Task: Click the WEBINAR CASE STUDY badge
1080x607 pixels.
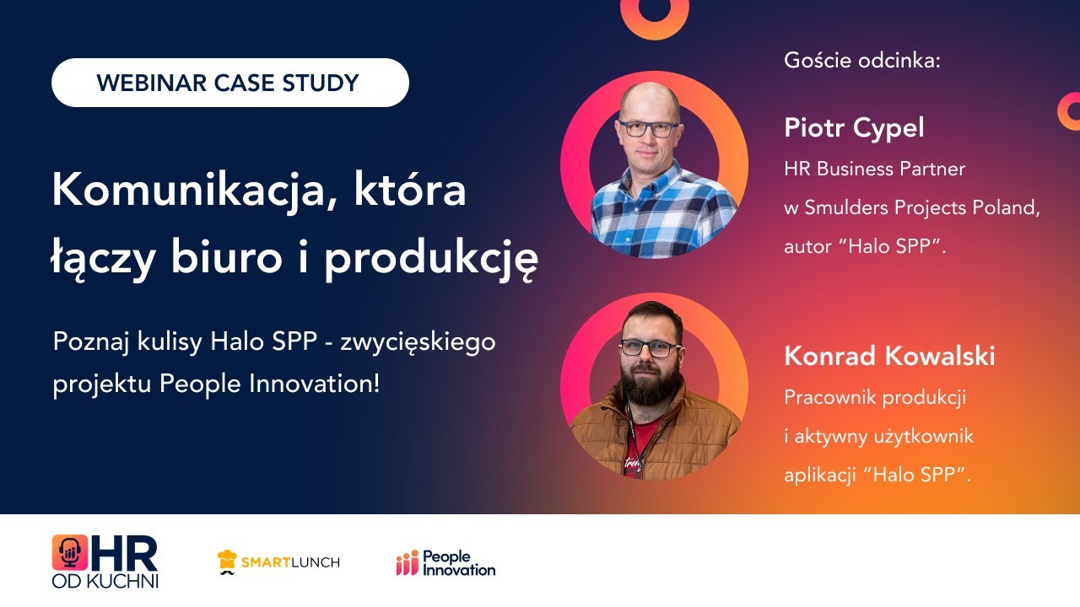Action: click(229, 83)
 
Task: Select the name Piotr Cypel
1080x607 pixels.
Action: click(854, 128)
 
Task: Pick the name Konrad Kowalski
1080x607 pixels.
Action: click(889, 356)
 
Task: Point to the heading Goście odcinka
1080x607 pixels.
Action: click(861, 61)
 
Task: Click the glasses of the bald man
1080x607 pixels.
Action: click(648, 129)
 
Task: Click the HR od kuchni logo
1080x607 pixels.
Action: click(105, 561)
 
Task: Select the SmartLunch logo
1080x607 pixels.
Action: click(278, 562)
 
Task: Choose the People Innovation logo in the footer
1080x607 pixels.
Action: click(445, 562)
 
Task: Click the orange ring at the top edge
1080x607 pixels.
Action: click(654, 13)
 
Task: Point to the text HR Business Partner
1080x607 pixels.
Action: click(874, 169)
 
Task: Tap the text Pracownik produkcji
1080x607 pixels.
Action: click(874, 396)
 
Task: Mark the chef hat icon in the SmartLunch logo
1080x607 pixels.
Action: click(227, 559)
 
